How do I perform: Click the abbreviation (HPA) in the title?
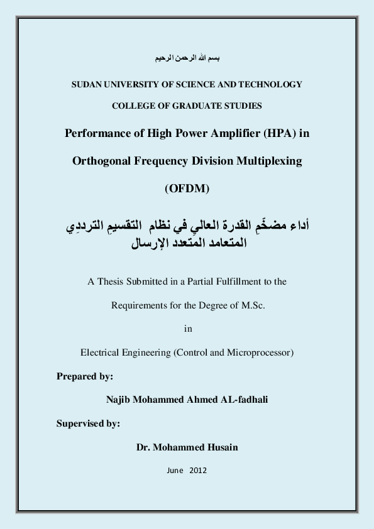tap(272, 133)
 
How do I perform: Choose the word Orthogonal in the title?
tap(100, 161)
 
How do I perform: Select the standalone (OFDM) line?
tap(187, 188)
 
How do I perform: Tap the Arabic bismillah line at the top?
tap(187, 58)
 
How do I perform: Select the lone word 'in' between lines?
tap(187, 329)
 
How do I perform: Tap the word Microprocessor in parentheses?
tap(260, 352)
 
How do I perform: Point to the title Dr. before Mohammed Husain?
tap(144, 447)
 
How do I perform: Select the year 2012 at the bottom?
tap(197, 471)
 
